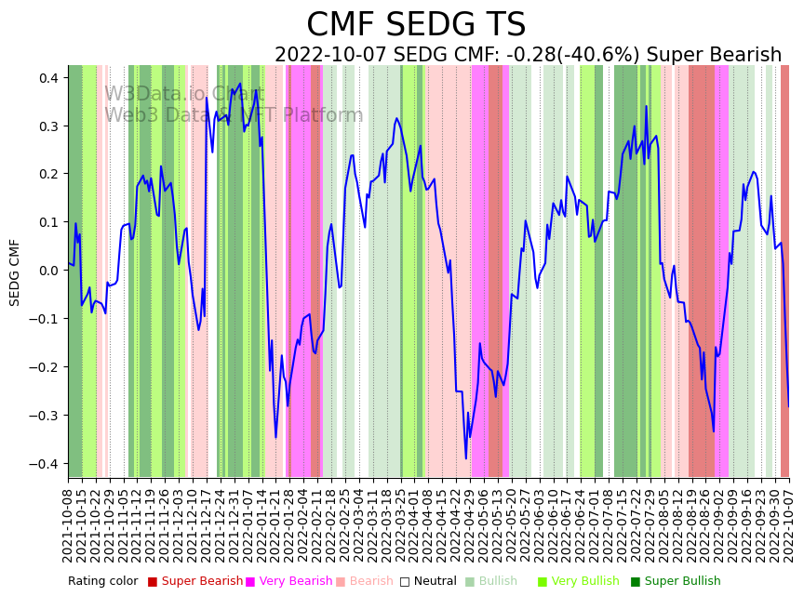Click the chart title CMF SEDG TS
416,25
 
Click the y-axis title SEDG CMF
15,272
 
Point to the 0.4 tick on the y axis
47,77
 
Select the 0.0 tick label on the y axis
47,271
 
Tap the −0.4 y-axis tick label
43,464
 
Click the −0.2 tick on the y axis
43,367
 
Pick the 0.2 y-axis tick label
47,174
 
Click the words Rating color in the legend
102,582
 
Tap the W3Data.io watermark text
184,94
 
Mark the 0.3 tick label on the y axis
47,126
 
